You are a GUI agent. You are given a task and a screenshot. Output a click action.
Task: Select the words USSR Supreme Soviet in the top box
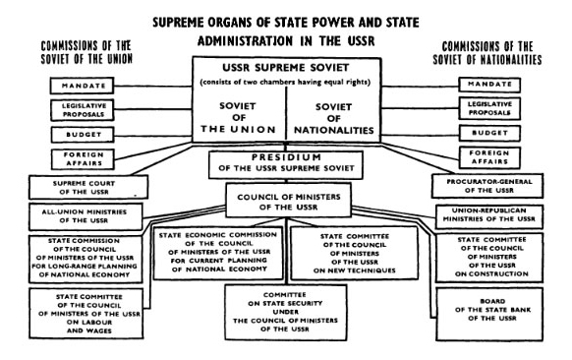pos(284,66)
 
